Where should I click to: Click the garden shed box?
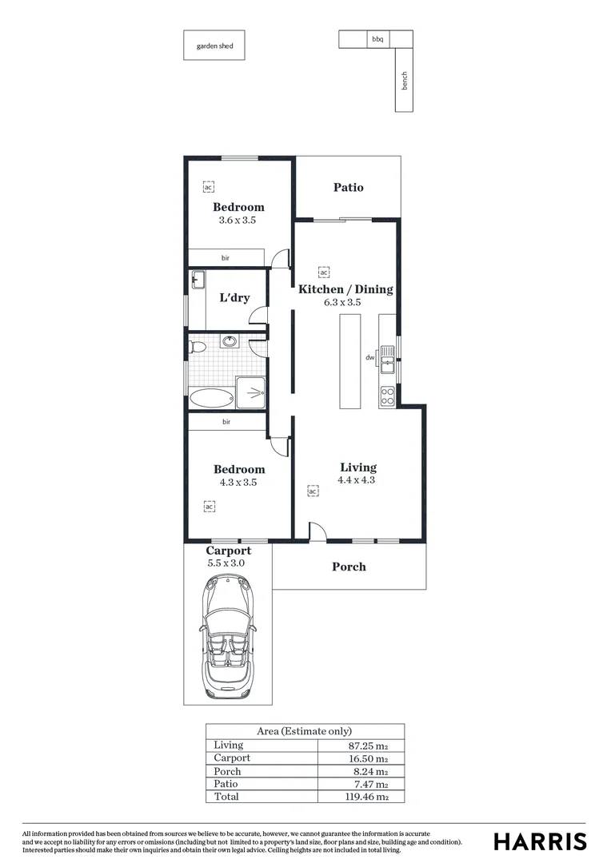point(214,46)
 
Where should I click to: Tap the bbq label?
point(377,38)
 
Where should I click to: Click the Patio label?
point(348,187)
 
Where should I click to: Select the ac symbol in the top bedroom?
point(208,186)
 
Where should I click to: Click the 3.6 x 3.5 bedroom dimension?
point(237,220)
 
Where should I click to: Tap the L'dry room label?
point(234,298)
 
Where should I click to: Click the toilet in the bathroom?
point(197,347)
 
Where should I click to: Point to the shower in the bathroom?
point(252,392)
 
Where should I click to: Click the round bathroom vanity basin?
point(230,342)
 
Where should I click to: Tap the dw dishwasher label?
point(370,358)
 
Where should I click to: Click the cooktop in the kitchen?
point(387,393)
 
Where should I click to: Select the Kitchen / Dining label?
point(345,289)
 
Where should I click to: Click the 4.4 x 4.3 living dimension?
point(357,480)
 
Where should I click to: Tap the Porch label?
point(349,567)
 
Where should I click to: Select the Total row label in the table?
point(227,797)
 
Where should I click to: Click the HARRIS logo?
point(540,841)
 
